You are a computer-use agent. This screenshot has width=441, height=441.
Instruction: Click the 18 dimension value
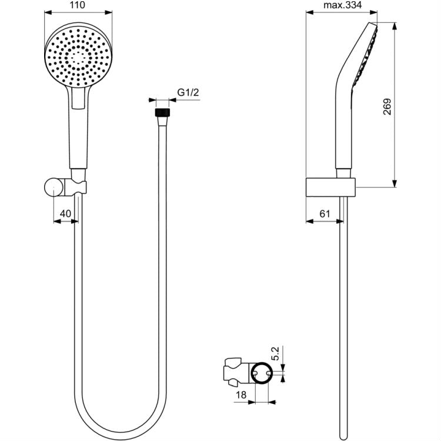tap(241, 396)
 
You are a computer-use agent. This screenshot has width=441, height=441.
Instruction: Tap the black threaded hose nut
tap(162, 111)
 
